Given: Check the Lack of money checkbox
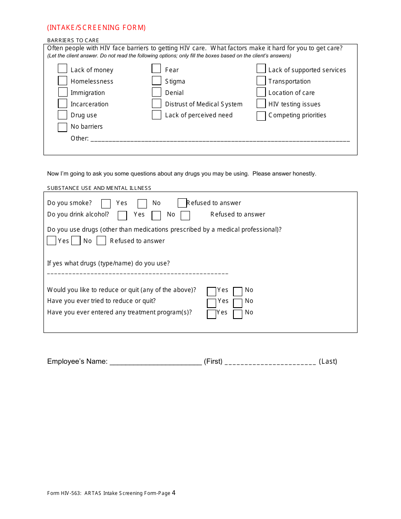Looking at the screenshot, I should click(62, 69).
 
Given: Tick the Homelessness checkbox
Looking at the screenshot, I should click(62, 81).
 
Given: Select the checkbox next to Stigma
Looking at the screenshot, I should click(157, 81).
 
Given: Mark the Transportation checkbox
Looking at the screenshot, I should click(261, 81).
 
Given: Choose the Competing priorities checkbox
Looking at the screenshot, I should click(261, 116).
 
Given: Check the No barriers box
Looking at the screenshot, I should click(62, 127).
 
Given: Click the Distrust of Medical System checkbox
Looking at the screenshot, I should click(157, 103).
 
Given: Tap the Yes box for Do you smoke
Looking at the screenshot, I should click(106, 204).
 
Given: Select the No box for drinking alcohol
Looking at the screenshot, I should click(157, 216).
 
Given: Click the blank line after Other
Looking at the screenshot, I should click(220, 140).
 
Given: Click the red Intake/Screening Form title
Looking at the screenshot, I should click(97, 28).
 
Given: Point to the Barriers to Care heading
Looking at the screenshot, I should click(73, 41).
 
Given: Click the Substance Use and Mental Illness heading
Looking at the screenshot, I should click(99, 188).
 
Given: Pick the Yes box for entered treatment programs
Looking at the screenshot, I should click(211, 314).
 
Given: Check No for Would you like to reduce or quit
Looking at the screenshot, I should click(238, 292).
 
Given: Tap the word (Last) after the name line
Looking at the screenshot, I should click(328, 362).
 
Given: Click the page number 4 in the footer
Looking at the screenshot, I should click(173, 493).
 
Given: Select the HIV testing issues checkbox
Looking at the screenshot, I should click(261, 103).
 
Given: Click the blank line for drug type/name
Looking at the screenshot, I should click(138, 274).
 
